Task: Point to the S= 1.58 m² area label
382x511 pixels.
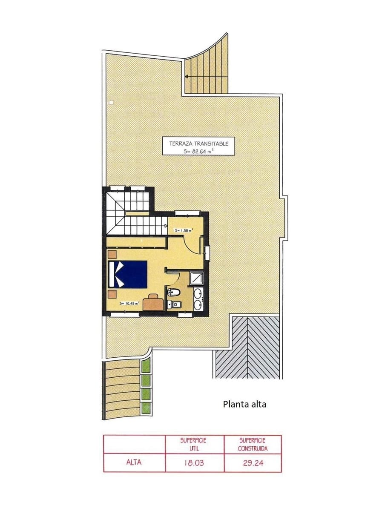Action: click(184, 230)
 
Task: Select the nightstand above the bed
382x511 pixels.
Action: click(112, 254)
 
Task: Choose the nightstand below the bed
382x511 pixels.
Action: click(112, 294)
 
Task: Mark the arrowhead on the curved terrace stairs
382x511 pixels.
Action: click(187, 77)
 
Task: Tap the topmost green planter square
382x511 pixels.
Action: click(146, 365)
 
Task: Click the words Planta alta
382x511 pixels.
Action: click(244, 404)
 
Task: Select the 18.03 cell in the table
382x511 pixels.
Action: click(194, 463)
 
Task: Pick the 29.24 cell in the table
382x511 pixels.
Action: click(253, 463)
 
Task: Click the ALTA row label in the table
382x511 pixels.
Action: click(134, 463)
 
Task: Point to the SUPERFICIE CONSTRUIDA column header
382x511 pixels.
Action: click(253, 444)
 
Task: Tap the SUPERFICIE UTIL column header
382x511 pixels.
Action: click(194, 444)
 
